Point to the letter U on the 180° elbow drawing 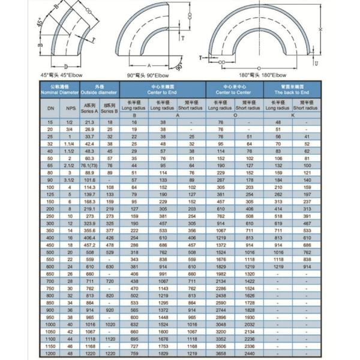pyautogui.click(x=317, y=62)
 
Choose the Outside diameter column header pyautogui.click(x=99, y=90)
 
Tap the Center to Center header pyautogui.click(x=234, y=90)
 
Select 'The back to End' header pyautogui.click(x=292, y=90)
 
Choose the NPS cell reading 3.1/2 pyautogui.click(x=71, y=180)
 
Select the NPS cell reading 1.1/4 pyautogui.click(x=71, y=143)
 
